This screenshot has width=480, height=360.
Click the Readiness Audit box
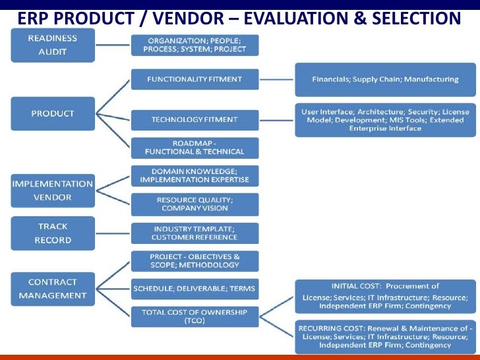53,45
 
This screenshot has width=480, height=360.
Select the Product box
53,113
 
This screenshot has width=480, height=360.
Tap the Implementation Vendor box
53,191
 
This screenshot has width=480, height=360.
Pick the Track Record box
53,233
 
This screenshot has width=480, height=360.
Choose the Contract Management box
53,289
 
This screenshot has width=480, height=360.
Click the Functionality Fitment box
195,80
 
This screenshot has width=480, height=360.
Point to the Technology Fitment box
195,120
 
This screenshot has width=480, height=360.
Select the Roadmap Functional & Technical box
195,148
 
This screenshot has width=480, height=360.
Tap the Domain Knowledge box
195,175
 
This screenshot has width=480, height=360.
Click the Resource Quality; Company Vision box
195,204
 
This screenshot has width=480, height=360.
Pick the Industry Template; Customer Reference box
195,233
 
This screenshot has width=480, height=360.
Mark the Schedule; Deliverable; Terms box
195,288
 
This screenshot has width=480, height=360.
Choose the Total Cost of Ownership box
195,316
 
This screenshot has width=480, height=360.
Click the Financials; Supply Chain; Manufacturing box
385,79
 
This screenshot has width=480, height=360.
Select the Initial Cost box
385,296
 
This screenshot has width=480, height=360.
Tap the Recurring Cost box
385,336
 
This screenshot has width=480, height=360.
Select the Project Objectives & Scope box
195,260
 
